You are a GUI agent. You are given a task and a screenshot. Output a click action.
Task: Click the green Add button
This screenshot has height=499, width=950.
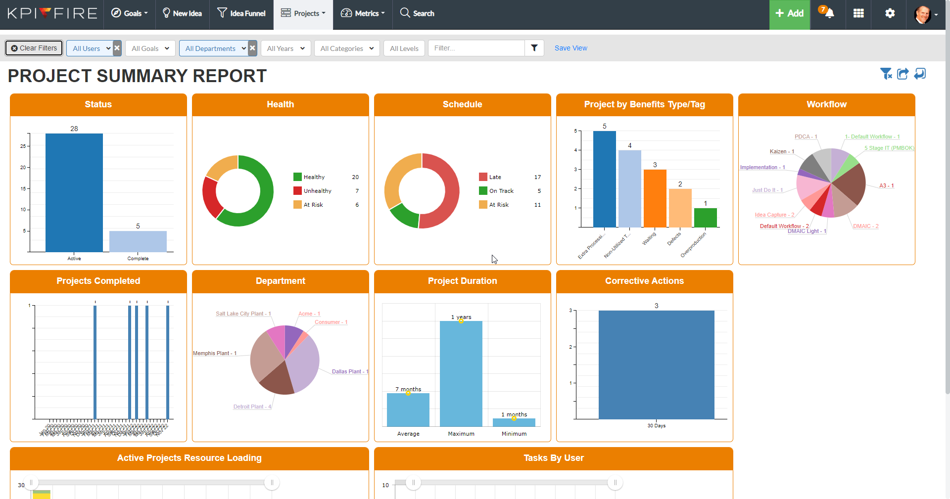click(789, 13)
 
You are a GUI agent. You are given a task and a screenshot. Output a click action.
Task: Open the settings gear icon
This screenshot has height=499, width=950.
click(890, 13)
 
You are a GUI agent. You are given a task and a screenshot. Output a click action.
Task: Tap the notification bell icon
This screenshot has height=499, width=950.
click(829, 13)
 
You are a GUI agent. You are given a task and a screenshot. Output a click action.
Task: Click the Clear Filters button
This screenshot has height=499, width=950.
click(34, 48)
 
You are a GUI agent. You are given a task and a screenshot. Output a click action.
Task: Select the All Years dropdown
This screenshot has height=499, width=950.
click(285, 48)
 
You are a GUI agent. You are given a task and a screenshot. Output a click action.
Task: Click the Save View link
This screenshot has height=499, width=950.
click(570, 48)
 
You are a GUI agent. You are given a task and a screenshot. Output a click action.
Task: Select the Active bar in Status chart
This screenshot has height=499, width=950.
click(74, 192)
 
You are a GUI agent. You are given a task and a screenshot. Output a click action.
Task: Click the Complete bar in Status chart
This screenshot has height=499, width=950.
click(138, 241)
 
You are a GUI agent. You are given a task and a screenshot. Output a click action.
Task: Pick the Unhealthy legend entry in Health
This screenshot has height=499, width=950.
click(317, 191)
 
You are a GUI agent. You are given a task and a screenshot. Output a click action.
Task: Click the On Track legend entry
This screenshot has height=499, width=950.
click(501, 191)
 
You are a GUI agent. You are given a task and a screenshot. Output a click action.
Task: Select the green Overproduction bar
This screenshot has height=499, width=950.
click(705, 218)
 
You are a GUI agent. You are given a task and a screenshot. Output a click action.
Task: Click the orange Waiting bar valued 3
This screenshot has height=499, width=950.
click(655, 198)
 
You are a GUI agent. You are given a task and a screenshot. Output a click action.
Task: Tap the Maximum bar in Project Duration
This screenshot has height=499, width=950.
click(461, 373)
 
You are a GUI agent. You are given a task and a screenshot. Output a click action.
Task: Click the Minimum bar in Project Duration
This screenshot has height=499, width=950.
click(514, 422)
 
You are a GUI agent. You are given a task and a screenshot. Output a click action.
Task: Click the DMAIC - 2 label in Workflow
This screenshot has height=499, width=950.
click(865, 226)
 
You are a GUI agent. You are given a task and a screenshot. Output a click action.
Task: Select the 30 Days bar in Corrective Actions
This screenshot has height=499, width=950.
click(656, 364)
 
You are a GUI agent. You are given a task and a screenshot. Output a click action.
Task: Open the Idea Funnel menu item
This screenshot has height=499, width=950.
click(241, 13)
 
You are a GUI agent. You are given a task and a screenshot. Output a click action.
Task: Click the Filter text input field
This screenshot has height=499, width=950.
click(476, 48)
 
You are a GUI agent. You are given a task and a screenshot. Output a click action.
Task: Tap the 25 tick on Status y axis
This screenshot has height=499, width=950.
click(23, 146)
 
